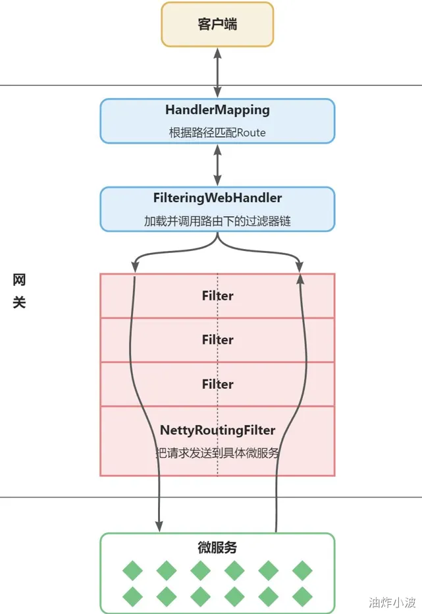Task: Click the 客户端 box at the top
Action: [x=217, y=24]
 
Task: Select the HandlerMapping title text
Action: [x=217, y=110]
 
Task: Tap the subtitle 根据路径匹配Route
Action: [x=217, y=132]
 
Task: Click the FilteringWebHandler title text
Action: [x=217, y=198]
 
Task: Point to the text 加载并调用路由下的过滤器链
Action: [x=217, y=221]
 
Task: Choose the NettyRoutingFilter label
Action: [x=217, y=430]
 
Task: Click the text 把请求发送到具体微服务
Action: [x=217, y=453]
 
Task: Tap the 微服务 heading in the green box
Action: [x=217, y=547]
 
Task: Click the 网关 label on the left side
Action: [x=19, y=291]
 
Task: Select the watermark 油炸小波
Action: [x=392, y=602]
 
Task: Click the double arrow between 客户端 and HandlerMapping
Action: [x=217, y=72]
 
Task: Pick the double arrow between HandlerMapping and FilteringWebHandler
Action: [x=217, y=165]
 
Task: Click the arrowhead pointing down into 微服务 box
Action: [x=159, y=526]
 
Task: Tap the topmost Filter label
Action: [x=217, y=296]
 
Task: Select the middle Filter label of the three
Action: [x=217, y=339]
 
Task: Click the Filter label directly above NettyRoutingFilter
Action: [x=217, y=384]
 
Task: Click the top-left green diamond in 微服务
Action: [x=132, y=570]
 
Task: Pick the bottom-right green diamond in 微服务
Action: [x=302, y=597]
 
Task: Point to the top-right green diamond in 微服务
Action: [x=302, y=570]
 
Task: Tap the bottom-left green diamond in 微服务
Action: [x=132, y=597]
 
